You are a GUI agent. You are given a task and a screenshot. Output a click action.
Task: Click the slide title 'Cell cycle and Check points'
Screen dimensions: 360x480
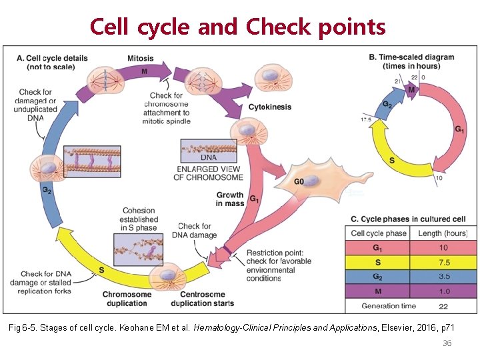click(238, 27)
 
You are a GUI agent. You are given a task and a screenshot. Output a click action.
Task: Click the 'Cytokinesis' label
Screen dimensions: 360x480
click(269, 107)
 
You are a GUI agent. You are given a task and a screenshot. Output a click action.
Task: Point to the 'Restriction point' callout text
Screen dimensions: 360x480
click(274, 265)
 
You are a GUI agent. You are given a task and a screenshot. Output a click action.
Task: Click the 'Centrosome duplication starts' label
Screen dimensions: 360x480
click(202, 299)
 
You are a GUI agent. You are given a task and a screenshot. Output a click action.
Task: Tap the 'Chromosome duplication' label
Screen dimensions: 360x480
click(125, 299)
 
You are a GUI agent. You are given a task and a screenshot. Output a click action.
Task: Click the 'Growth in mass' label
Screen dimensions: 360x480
click(230, 199)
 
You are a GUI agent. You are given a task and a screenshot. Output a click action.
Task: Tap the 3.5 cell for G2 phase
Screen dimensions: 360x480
click(443, 277)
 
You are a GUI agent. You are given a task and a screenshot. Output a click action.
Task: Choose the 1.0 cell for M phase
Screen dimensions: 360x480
click(443, 291)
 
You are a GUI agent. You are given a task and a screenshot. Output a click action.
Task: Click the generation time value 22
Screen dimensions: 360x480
click(443, 306)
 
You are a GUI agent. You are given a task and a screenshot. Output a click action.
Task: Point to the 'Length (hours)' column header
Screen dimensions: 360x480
click(443, 233)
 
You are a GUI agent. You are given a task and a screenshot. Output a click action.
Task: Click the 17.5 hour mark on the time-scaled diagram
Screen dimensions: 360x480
click(365, 119)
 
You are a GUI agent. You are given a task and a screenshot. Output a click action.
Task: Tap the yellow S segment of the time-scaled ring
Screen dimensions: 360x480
click(389, 161)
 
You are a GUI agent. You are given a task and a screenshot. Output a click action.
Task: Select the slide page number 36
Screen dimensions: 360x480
click(447, 343)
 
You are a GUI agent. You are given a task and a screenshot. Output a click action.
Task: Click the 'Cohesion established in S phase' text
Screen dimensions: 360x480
click(139, 219)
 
